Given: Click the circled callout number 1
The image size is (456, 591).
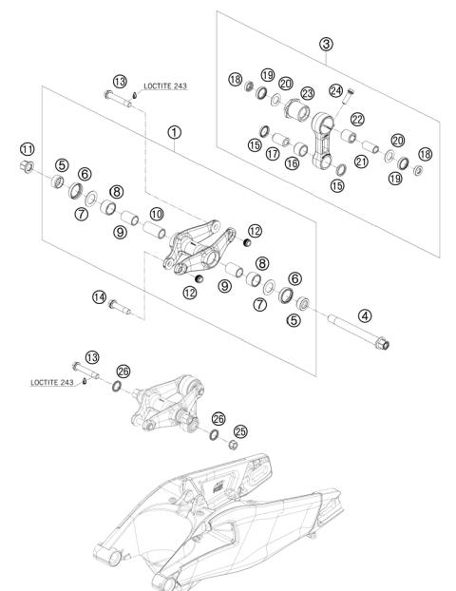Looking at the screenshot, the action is click(174, 132).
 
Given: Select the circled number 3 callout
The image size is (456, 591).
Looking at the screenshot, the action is click(326, 44).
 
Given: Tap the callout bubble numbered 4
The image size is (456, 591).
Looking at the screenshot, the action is click(365, 315).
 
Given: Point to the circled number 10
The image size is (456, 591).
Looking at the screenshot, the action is click(157, 214).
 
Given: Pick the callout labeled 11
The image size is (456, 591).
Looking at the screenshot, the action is click(27, 149).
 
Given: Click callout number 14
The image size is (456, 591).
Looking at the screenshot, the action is click(99, 297).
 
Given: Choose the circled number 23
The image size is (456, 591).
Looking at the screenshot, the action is click(308, 93).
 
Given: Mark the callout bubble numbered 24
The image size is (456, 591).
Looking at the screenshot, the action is click(335, 91).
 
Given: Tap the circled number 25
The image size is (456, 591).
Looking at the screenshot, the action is click(240, 431).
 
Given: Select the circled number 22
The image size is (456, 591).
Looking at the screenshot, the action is click(357, 119).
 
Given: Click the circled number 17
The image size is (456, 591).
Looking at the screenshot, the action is click(272, 153).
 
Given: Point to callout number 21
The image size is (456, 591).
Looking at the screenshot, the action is click(361, 162).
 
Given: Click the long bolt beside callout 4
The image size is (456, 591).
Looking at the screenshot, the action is click(358, 332).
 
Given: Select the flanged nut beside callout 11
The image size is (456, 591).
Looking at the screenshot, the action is click(27, 166).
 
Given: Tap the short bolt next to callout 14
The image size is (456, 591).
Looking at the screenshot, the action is click(119, 307).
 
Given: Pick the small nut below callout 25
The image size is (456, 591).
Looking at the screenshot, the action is click(233, 445).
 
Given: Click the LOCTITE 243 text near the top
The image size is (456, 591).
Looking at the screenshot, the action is click(165, 86).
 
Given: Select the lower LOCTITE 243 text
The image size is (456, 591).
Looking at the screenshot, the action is click(52, 383).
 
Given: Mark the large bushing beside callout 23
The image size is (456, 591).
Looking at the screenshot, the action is click(297, 109).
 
